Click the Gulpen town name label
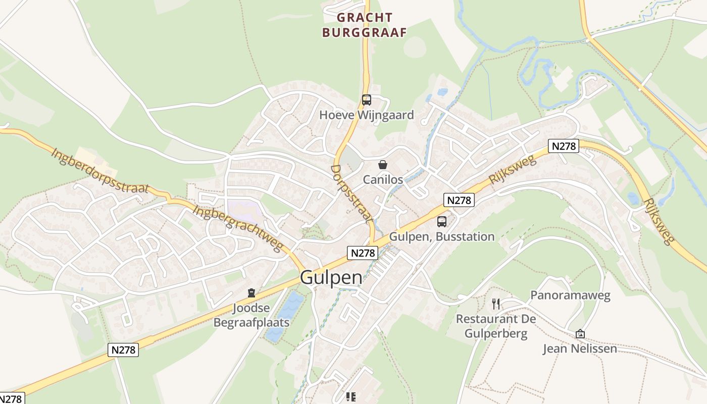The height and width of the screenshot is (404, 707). coord(331,278)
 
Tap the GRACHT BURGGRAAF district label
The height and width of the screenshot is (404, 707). coord(365,25)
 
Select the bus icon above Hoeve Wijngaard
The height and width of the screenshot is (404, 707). coord(366,100)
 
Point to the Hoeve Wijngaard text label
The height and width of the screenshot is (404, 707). coord(366,115)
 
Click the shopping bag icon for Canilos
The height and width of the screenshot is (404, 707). coord(383,165)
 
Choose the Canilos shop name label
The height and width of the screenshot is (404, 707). coord(383,180)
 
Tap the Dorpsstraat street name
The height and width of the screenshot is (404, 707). coord(352,193)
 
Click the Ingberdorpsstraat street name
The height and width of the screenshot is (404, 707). coord(100,170)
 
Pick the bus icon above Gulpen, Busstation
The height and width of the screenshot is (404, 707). coord(442,221)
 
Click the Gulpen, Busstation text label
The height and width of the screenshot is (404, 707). coord(442,236)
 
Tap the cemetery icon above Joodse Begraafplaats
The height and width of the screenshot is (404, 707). coord(251,293)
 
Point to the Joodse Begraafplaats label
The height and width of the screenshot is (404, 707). coord(251,315)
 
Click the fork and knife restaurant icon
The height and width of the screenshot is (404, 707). coord(496,304)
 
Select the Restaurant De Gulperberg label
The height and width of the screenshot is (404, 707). coord(496,326)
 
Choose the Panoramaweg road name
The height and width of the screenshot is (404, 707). coord(570,295)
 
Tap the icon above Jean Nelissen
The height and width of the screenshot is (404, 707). coord(580,334)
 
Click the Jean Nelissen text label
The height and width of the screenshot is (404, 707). coord(580,348)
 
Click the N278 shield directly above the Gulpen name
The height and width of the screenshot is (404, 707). coord(363,253)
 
